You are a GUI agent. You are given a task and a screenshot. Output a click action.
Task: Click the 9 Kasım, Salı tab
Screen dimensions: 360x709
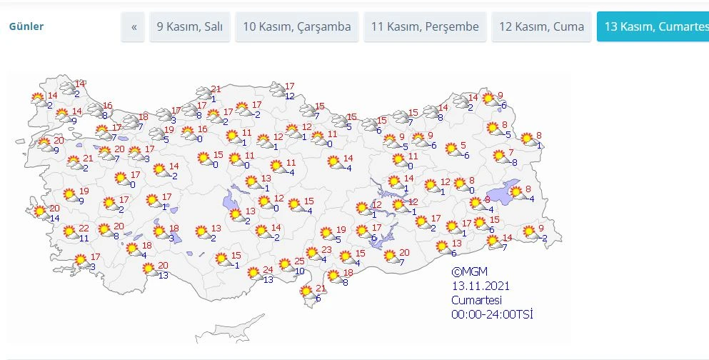[x=190, y=27]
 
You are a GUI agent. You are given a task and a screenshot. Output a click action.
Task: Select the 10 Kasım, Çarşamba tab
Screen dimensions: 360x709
[x=297, y=27]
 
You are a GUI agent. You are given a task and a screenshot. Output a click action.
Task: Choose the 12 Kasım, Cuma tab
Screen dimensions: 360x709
[x=541, y=27]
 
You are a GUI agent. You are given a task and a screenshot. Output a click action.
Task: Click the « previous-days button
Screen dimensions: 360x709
[x=134, y=27]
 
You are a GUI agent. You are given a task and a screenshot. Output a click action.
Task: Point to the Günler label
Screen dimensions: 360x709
[x=26, y=27]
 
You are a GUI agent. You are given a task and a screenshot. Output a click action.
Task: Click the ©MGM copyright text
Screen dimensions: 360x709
[x=468, y=271]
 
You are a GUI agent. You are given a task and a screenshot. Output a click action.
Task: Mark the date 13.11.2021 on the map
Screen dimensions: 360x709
[x=481, y=286]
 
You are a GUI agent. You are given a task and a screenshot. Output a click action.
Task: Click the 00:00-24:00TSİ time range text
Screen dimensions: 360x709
[x=492, y=314]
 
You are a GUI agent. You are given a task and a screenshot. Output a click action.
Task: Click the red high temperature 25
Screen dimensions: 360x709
[x=300, y=261]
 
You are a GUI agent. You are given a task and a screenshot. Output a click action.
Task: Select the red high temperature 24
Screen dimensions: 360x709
[x=268, y=269]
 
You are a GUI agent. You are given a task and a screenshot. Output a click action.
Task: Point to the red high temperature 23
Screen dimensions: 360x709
[x=326, y=249]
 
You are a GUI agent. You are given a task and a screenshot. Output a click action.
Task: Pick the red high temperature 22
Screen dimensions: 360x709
[x=84, y=229]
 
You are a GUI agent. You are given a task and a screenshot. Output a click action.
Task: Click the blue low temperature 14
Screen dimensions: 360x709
[x=55, y=218]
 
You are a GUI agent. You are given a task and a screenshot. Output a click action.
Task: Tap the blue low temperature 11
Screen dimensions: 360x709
[x=84, y=239]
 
